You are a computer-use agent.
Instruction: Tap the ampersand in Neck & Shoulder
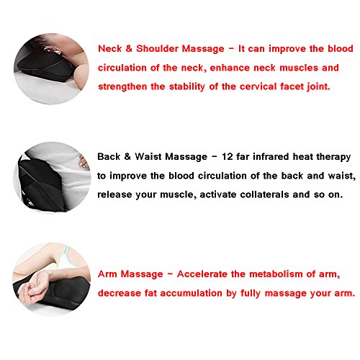pyautogui.click(x=129, y=49)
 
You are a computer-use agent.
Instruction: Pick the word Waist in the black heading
pyautogui.click(x=148, y=157)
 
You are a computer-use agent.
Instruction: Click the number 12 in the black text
pyautogui.click(x=228, y=157)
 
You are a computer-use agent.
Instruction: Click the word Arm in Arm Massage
pyautogui.click(x=107, y=274)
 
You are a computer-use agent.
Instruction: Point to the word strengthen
pyautogui.click(x=122, y=87)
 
